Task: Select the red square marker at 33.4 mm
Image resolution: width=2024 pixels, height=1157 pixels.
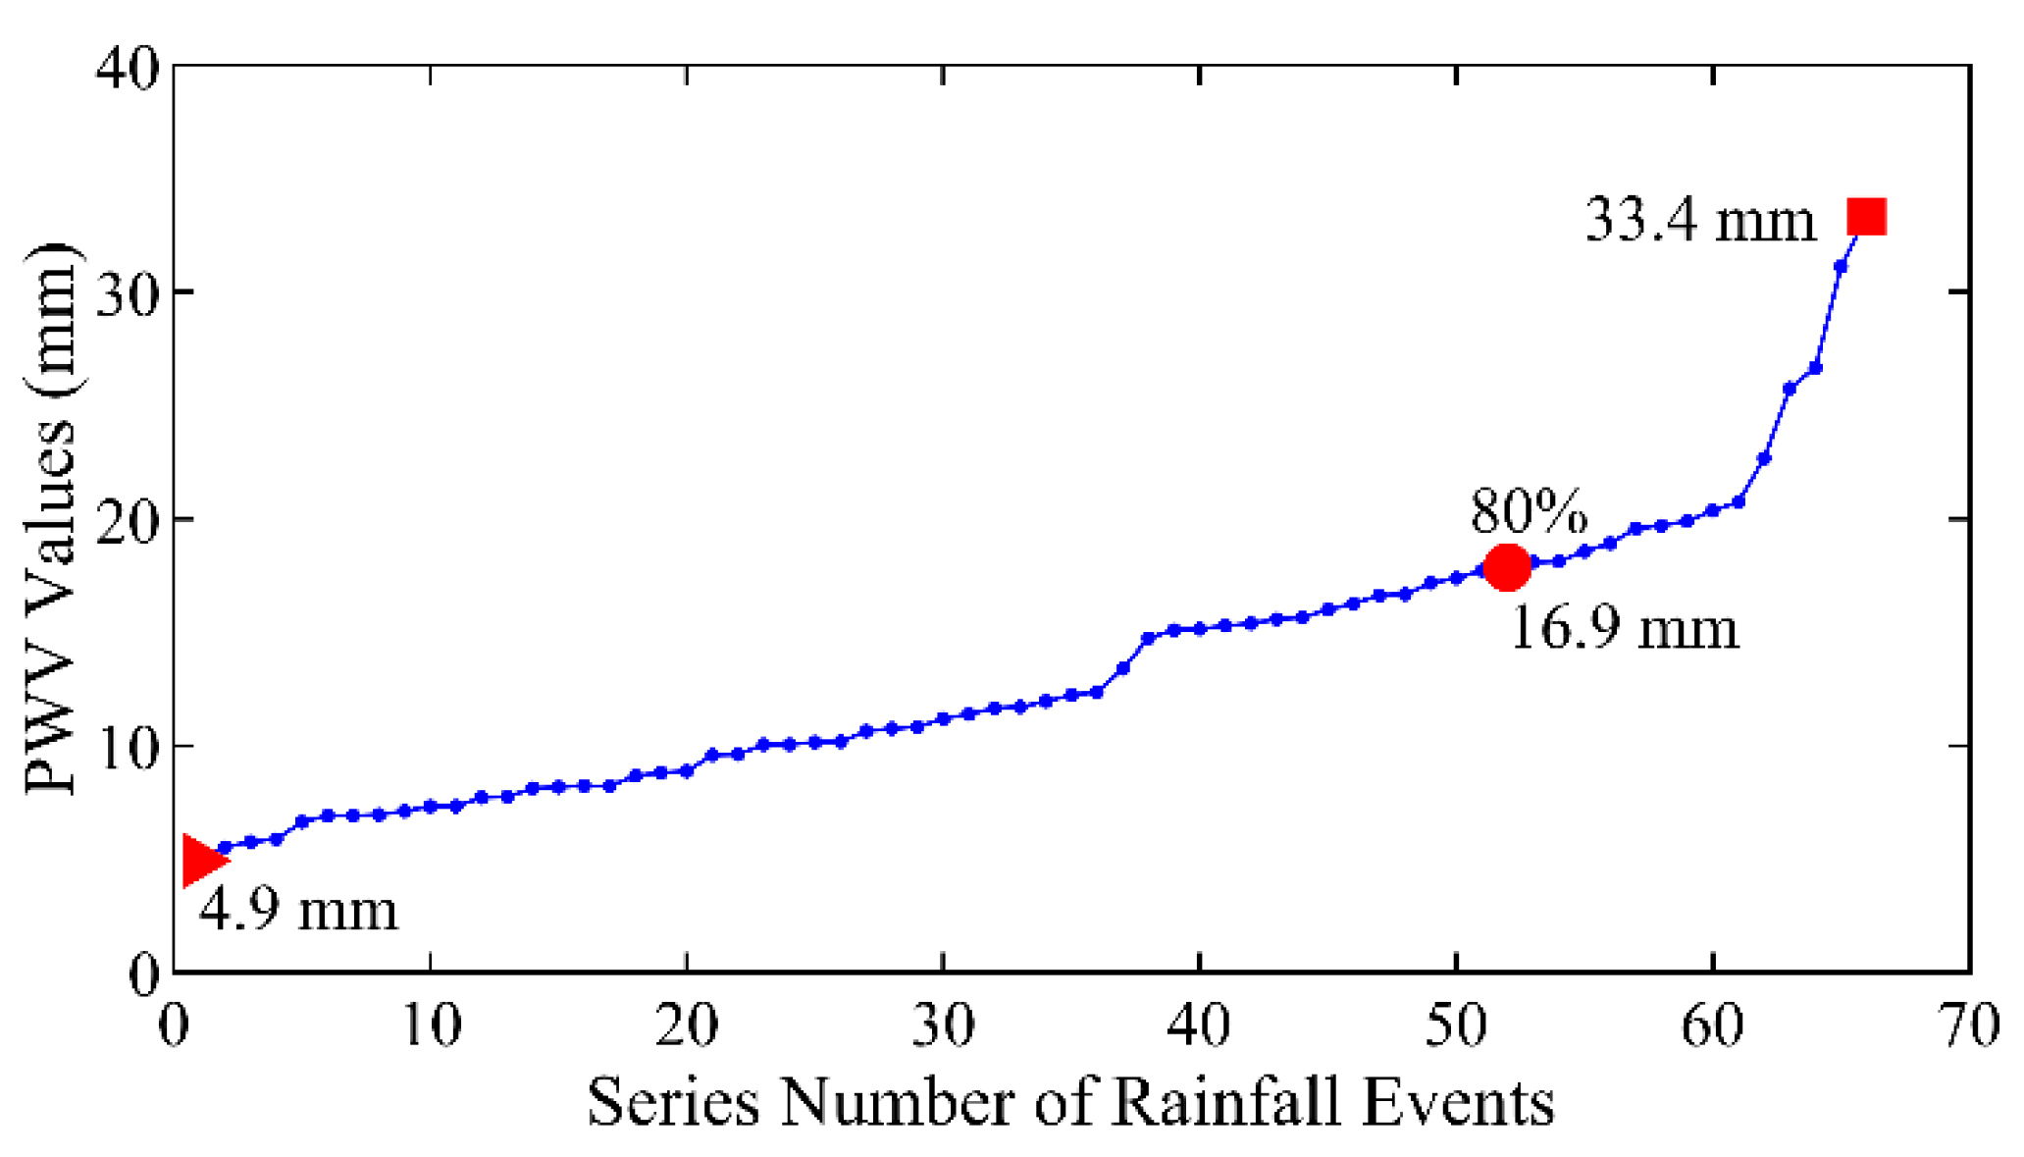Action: click(x=1866, y=216)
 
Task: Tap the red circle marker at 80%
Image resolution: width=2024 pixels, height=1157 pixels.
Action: click(x=1507, y=567)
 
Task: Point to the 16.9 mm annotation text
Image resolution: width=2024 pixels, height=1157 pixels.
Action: click(x=1624, y=628)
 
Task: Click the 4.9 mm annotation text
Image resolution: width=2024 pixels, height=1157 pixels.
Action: click(x=299, y=910)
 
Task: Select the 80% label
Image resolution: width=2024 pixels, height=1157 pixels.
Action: click(x=1528, y=511)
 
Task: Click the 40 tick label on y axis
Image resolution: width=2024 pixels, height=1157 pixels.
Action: click(x=128, y=71)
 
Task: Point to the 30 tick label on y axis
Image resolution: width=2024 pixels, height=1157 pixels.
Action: click(x=128, y=293)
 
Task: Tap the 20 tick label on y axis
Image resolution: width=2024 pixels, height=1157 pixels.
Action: click(x=128, y=520)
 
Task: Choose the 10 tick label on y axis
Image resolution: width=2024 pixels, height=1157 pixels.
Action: click(x=128, y=747)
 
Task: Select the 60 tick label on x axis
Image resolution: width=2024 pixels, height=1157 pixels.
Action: click(x=1713, y=1026)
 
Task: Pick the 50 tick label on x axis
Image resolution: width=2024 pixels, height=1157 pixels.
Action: click(x=1456, y=1026)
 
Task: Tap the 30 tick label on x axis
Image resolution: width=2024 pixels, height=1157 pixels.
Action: click(x=943, y=1026)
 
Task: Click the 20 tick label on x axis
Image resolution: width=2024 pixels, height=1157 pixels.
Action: click(x=686, y=1026)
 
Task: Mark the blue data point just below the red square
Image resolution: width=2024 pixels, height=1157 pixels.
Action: click(x=1841, y=266)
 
